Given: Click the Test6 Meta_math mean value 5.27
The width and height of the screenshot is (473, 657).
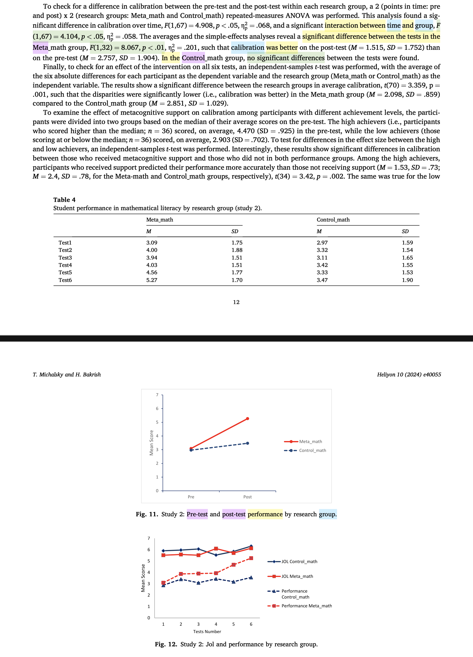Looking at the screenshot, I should click(x=152, y=280).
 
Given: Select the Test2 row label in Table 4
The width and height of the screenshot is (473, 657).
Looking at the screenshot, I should click(x=65, y=250).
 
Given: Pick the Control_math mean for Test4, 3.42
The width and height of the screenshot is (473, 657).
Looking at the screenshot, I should click(x=322, y=265).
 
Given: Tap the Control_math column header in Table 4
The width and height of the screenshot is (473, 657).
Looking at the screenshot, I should click(x=333, y=220).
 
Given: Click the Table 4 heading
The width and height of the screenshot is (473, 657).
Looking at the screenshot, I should click(x=64, y=200).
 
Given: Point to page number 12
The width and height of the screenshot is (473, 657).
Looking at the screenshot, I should click(x=236, y=302).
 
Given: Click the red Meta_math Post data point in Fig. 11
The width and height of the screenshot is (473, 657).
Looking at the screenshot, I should click(x=248, y=419).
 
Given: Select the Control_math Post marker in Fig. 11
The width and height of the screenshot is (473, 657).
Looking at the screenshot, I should click(x=248, y=443).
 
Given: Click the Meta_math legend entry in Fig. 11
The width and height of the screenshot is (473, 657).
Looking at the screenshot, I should click(x=310, y=442).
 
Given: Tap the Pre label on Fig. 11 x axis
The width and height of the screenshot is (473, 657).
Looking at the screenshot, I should click(x=191, y=497).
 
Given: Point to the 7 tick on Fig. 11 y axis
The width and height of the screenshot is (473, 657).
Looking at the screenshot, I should click(x=157, y=395).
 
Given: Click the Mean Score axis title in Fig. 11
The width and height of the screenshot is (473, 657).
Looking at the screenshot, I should click(x=151, y=443).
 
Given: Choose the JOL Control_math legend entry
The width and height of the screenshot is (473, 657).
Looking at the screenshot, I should click(x=299, y=562).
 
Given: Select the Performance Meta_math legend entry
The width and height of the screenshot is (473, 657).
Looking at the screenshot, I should click(x=307, y=606).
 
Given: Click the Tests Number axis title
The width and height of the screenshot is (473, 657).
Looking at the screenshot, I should click(x=207, y=632).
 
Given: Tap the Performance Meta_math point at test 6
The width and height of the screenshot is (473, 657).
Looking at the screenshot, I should click(x=251, y=558).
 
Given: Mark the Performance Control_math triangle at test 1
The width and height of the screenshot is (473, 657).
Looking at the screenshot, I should click(x=163, y=585).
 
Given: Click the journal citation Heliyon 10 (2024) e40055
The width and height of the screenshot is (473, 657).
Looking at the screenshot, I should click(x=409, y=375).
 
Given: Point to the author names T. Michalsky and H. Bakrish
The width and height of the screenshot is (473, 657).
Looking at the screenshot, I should click(x=67, y=375).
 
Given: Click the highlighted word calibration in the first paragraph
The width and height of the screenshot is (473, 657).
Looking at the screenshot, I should click(x=248, y=48).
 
